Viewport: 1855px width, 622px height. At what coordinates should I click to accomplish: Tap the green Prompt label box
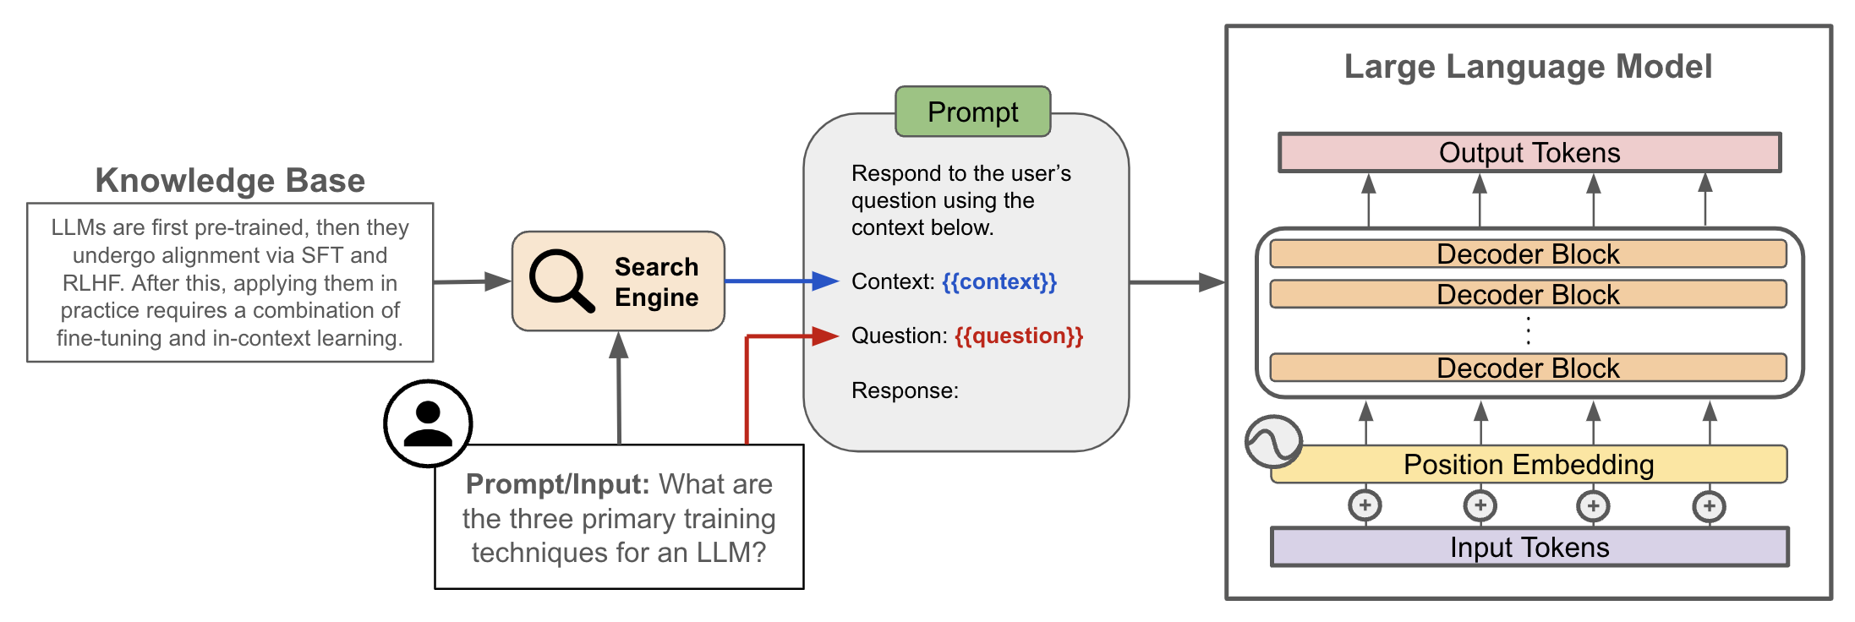972,112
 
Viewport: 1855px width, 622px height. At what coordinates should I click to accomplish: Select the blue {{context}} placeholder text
999,281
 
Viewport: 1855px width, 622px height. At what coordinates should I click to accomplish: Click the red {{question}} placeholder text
1019,336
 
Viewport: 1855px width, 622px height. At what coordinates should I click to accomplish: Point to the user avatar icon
428,423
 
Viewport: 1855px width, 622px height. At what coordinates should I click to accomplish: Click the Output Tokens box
1529,153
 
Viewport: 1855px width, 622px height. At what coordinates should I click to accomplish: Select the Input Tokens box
1529,548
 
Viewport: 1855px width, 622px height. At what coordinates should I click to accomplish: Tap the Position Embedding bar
1529,465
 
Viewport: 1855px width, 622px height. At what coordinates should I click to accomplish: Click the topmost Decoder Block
1527,254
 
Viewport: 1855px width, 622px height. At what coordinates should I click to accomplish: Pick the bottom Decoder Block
1527,368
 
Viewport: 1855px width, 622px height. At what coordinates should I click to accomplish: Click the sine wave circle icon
1272,441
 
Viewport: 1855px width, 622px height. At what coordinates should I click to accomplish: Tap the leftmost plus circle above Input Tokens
1365,505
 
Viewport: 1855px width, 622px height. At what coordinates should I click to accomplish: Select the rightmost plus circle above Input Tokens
1709,506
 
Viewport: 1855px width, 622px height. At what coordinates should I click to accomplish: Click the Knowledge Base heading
230,180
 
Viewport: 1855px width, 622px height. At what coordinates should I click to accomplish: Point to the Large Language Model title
1528,67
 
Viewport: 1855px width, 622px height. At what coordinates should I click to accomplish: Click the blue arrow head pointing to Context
824,281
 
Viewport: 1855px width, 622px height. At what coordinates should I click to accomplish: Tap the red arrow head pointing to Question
824,336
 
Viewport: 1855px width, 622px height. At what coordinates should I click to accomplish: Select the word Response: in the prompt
905,390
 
